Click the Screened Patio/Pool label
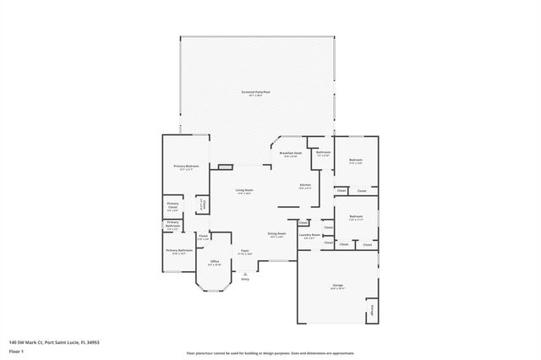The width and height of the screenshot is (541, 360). point(255,91)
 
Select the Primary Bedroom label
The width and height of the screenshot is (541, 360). point(186,166)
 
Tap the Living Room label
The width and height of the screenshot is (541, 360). point(245,190)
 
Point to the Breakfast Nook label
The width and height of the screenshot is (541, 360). point(292,153)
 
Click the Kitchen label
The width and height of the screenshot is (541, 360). point(305,185)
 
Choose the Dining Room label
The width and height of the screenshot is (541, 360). point(276,233)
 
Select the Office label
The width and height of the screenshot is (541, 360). point(215,263)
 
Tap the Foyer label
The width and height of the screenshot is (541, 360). point(244,251)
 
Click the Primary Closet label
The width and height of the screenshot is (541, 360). point(172,205)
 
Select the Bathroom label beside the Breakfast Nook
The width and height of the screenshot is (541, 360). point(323,152)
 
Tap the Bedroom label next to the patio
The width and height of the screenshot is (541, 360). point(356,160)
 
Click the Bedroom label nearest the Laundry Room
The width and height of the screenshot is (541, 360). point(356,216)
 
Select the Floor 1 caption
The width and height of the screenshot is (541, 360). point(16,349)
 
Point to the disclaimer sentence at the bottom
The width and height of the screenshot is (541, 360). point(270,352)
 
